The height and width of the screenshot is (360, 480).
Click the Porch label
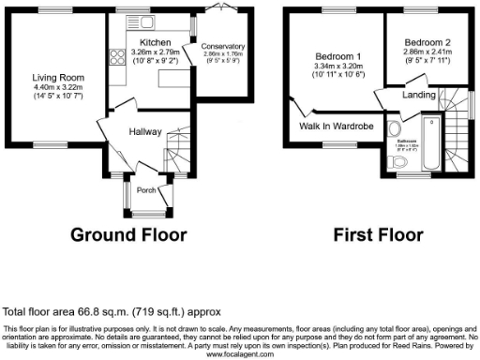(146, 190)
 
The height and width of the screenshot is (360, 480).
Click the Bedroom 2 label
(427, 43)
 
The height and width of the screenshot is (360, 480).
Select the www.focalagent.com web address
(239, 355)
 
